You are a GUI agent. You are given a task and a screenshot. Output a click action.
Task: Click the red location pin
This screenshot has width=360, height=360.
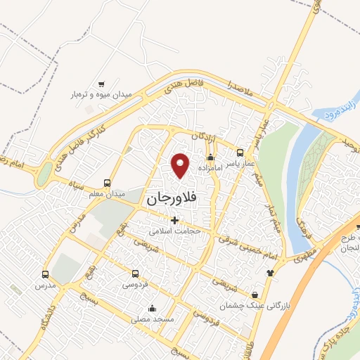[181, 165]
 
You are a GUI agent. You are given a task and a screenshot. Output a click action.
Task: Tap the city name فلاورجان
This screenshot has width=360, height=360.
[174, 199]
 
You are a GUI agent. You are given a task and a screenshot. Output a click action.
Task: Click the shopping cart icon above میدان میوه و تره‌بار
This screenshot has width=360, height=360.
[102, 83]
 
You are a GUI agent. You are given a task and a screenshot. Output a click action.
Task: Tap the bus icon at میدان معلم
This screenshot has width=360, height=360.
[107, 181]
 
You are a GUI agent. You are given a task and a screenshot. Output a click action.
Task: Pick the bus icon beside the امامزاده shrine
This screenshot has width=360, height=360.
[240, 153]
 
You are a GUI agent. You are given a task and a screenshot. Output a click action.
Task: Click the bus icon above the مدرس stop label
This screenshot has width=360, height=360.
[46, 274]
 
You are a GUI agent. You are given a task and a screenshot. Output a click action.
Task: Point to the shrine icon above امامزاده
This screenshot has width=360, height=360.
[210, 157]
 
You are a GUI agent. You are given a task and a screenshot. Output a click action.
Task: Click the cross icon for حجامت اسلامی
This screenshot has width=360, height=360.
[174, 220]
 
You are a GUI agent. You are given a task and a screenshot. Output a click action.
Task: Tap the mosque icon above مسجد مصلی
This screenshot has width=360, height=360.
[152, 307]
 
